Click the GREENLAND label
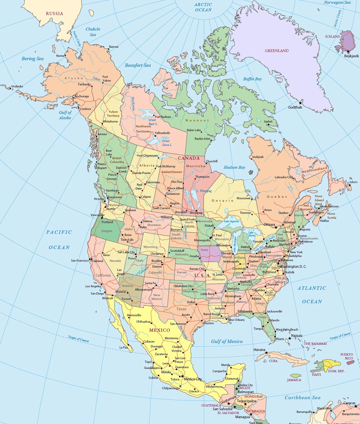(276, 51)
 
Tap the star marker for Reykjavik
(348, 52)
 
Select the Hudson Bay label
(234, 168)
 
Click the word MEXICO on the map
(159, 330)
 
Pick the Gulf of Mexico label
(227, 342)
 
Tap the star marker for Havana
(267, 353)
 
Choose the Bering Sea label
(33, 59)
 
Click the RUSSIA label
(54, 14)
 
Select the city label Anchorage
(82, 97)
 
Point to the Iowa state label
(204, 250)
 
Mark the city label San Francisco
(80, 260)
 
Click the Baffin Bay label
(252, 79)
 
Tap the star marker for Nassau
(289, 338)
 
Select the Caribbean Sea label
(302, 398)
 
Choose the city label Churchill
(211, 161)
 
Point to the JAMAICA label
(294, 380)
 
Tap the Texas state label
(181, 309)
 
